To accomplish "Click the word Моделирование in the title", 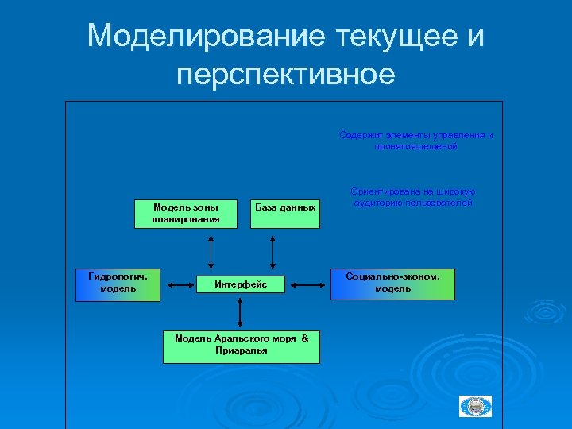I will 207,36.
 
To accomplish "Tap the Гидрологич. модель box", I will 118,284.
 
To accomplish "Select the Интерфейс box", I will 242,284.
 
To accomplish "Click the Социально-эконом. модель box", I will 392,284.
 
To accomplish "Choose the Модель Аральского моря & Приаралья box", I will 242,345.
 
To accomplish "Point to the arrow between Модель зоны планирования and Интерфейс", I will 211,252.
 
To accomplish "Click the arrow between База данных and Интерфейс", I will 272,252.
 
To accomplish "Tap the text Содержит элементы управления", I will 416,135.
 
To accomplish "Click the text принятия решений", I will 416,146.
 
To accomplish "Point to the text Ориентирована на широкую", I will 413,191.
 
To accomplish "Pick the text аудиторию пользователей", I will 413,203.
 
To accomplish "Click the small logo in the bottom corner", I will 476,406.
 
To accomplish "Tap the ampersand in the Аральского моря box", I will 304,338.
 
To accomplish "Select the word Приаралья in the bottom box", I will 242,350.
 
